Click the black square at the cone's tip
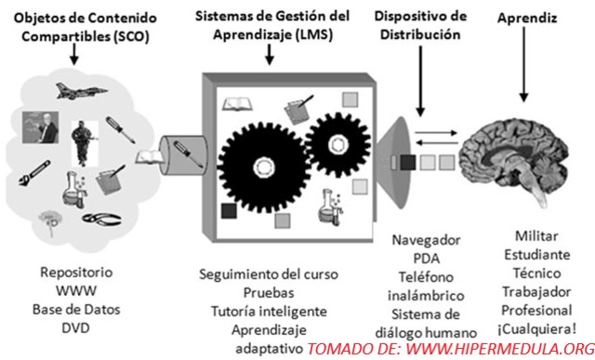click(x=405, y=164)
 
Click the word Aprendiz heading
click(x=525, y=19)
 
